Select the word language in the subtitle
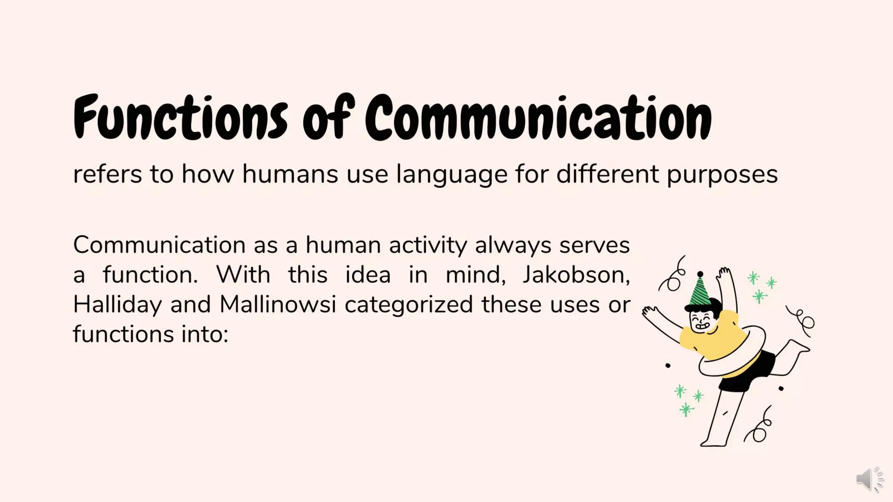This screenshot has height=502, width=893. point(452,174)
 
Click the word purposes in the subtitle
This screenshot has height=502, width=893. point(722,174)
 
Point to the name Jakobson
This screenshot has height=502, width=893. point(576,275)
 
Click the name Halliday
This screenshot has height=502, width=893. point(117,305)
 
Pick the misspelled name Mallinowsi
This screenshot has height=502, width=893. point(277,304)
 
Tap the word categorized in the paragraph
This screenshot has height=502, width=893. point(409,304)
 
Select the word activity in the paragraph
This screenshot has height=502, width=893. point(428,245)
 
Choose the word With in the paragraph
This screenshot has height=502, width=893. point(243,275)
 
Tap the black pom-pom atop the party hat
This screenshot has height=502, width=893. point(700,274)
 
